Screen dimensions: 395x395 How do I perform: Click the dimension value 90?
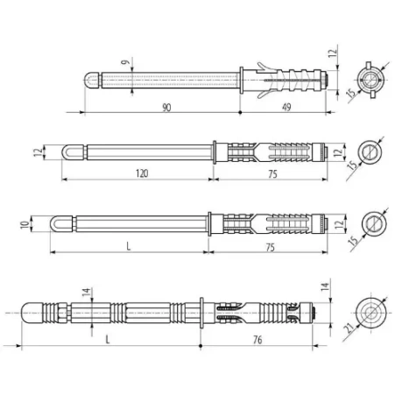166,108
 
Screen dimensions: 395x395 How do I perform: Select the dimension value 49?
286,107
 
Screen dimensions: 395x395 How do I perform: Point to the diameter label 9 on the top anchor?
126,62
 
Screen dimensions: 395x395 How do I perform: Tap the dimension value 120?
142,173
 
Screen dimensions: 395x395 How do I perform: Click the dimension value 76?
257,340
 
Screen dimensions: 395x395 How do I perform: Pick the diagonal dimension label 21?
349,328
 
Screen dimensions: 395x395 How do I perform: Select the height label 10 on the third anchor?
25,224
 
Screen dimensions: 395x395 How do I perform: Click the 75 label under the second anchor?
272,174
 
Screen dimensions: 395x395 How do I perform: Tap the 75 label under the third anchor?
271,248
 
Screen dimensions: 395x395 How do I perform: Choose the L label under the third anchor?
128,247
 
